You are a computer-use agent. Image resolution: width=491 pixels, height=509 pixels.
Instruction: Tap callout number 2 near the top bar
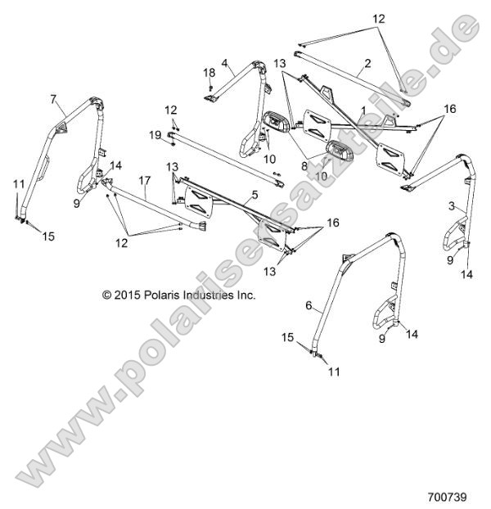368,62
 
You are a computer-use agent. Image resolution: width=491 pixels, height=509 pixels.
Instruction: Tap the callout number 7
54,99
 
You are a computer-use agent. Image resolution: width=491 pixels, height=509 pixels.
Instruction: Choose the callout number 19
155,133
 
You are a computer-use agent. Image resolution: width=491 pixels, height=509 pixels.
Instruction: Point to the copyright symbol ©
106,295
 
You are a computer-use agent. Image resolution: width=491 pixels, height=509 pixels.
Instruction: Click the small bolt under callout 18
210,87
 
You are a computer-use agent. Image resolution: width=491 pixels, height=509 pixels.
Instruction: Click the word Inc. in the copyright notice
246,295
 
